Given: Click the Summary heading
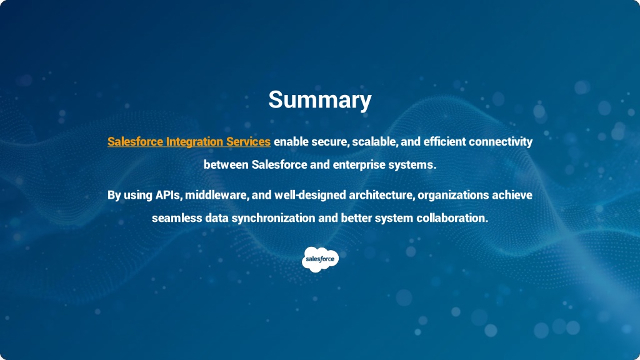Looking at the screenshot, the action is (x=320, y=100).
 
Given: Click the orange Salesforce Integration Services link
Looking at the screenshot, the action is (x=189, y=142).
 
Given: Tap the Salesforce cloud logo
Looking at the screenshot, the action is (x=321, y=259).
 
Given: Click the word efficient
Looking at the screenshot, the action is (x=444, y=142).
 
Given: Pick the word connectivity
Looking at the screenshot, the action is (x=501, y=142).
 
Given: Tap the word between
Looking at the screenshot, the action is (x=226, y=164).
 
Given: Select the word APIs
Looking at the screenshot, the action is (x=168, y=195).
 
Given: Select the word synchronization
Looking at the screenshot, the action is (x=274, y=218).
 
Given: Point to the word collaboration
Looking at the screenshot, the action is (x=452, y=218).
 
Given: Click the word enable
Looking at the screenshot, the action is (x=291, y=142).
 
